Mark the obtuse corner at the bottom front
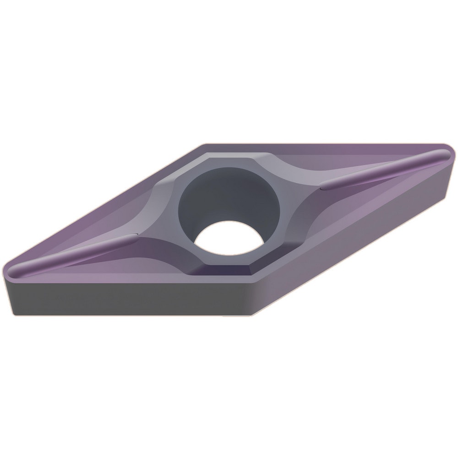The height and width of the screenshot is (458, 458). coord(251,280)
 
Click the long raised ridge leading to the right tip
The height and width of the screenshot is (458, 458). coord(385,169)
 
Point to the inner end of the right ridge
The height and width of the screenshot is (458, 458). coord(323,185)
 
